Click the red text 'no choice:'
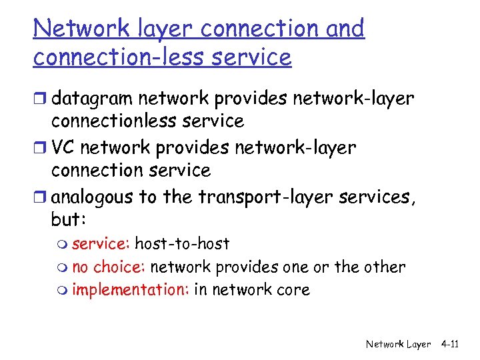(x=109, y=267)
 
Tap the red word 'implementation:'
(x=130, y=290)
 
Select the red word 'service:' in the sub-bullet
(x=101, y=244)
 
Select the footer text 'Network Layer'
(x=399, y=344)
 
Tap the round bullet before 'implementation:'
(x=64, y=291)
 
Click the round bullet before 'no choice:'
(x=64, y=268)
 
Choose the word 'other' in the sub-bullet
(x=384, y=267)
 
